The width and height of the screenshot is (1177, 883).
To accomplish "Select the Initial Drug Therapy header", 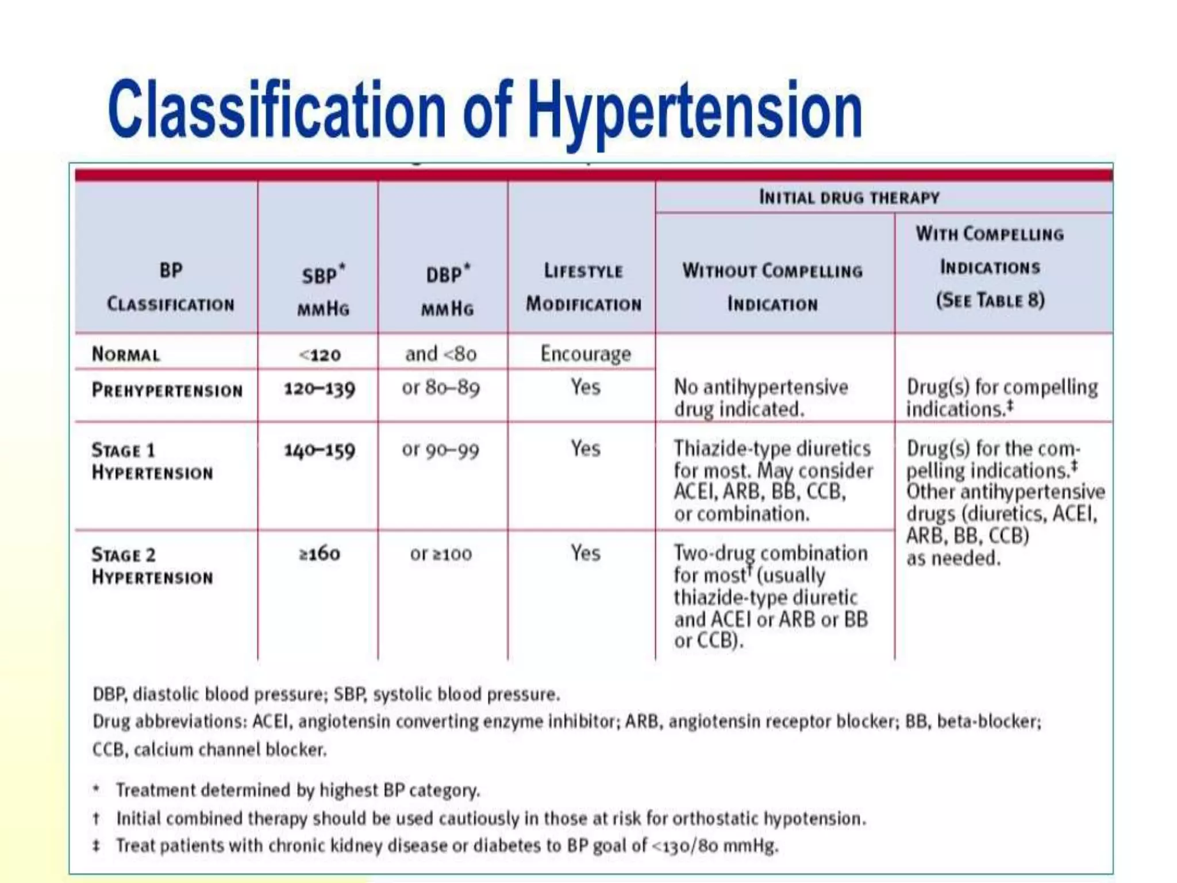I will [x=849, y=197].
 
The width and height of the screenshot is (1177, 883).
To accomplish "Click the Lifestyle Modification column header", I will [x=583, y=287].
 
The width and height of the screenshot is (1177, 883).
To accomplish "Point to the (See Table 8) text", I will [x=990, y=300].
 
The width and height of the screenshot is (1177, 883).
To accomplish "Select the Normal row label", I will [x=126, y=354].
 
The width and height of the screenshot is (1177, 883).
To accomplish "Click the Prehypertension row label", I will [x=167, y=390].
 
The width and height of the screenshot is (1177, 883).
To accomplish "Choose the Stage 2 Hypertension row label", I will [x=152, y=566].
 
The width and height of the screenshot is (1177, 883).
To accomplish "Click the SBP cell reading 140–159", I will [x=320, y=450].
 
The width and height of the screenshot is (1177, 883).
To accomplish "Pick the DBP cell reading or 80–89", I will [x=441, y=388].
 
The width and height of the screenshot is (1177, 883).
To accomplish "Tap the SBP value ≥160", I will [x=320, y=554].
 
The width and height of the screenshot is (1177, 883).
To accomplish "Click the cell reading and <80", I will [x=441, y=354].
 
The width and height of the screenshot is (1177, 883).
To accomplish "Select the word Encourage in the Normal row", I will [x=585, y=354].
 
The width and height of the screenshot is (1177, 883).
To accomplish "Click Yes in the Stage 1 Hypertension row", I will [x=585, y=448].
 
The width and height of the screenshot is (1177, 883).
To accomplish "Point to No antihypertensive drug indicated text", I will [x=760, y=398].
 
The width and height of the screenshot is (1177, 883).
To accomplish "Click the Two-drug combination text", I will [x=770, y=553].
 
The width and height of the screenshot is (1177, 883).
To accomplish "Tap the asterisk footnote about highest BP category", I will [x=297, y=790].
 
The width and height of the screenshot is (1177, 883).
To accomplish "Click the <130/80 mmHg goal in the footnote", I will [x=715, y=846].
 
